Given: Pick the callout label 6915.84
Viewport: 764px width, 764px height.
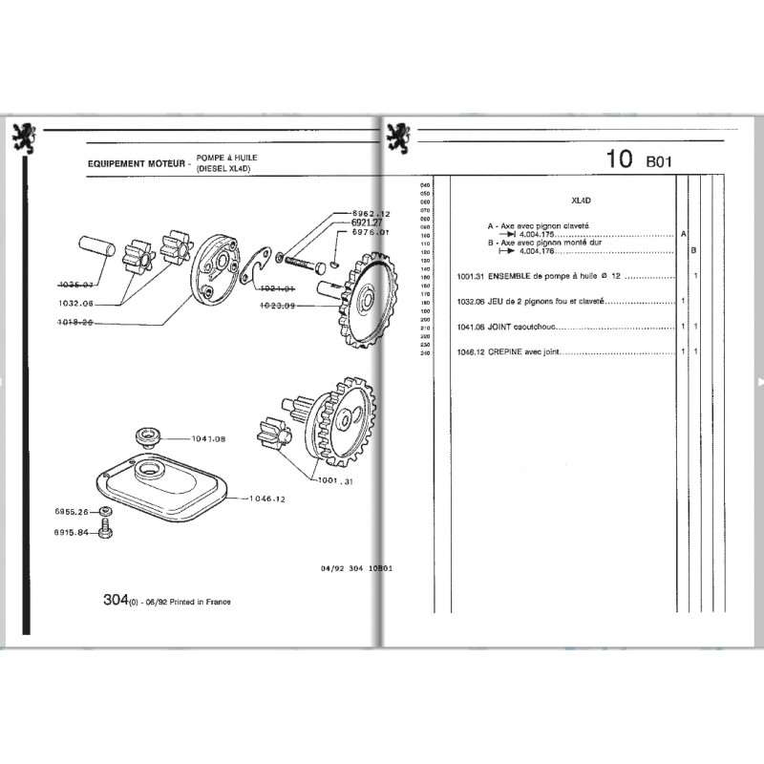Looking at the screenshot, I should tap(74, 533).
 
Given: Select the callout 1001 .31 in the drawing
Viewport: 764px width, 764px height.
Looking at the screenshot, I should tap(337, 481).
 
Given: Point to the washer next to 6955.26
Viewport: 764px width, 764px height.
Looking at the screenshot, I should tap(108, 512).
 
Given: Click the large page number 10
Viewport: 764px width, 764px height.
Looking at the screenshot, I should tap(618, 160).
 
